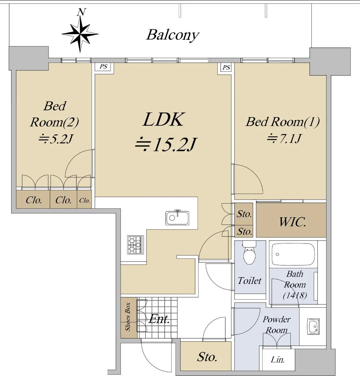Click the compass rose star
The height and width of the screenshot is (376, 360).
80,34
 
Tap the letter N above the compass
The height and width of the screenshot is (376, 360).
81,12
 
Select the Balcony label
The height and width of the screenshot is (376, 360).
173,35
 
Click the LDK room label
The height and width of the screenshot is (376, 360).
163,120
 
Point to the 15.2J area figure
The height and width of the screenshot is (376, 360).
166,144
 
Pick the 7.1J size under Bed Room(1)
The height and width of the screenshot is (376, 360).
284,138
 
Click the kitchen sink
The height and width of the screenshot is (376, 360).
177,217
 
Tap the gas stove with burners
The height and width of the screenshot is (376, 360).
135,245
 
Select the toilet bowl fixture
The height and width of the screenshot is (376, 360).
249,253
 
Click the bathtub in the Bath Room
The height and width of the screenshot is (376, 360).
293,254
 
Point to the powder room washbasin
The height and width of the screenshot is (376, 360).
313,326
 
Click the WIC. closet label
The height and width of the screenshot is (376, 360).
293,222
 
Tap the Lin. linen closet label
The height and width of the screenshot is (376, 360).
278,360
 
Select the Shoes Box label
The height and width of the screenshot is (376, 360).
128,317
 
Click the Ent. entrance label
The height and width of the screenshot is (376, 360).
159,319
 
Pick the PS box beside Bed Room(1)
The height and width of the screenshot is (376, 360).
226,67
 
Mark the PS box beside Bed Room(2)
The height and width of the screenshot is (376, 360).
103,67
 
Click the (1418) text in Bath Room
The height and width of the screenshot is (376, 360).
295,295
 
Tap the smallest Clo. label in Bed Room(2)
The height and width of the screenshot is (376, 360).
84,200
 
